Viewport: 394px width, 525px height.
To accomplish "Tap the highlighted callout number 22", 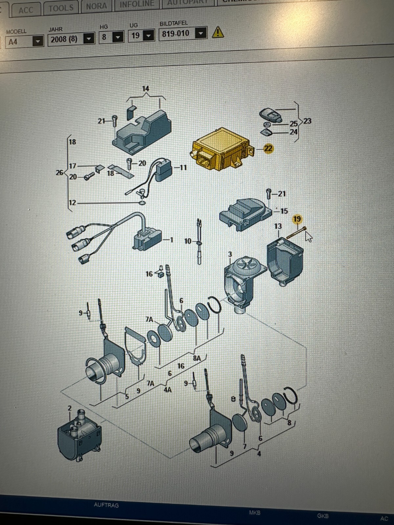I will pyautogui.click(x=269, y=149).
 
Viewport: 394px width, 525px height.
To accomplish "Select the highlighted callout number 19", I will pyautogui.click(x=297, y=219).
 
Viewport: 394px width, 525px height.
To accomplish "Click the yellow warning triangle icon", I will pyautogui.click(x=218, y=32).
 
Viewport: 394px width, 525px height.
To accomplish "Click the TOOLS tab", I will pyautogui.click(x=61, y=8).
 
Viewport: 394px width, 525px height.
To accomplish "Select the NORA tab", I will pyautogui.click(x=96, y=6).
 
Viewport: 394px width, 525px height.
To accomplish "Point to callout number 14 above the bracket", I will pyautogui.click(x=145, y=89).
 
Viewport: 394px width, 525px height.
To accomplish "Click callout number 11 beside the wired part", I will pyautogui.click(x=183, y=168).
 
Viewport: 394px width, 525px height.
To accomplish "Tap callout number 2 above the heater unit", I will pyautogui.click(x=70, y=408).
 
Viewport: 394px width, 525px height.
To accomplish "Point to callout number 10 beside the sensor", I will pyautogui.click(x=188, y=241).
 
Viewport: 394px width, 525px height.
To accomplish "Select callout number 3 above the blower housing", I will pyautogui.click(x=230, y=254).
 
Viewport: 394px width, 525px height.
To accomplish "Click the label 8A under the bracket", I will pyautogui.click(x=197, y=358).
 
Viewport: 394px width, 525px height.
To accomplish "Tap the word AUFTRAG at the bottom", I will pyautogui.click(x=106, y=505).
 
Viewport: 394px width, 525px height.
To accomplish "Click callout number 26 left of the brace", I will pyautogui.click(x=59, y=172).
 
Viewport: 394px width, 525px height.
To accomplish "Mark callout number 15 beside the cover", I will pyautogui.click(x=284, y=211).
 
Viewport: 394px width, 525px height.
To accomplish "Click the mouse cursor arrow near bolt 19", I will pyautogui.click(x=308, y=236).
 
